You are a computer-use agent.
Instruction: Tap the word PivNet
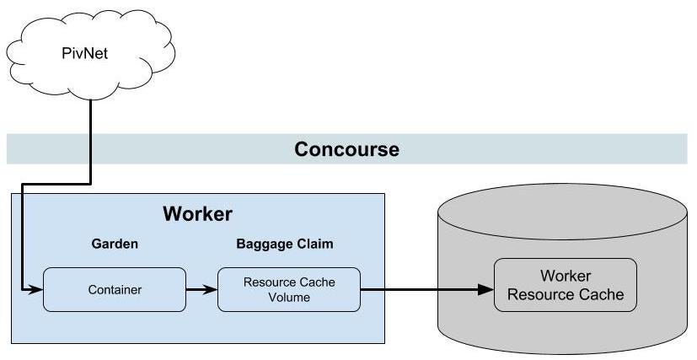(x=85, y=53)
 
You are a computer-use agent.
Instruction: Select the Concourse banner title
(x=346, y=149)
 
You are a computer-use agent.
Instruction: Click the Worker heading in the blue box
(x=197, y=214)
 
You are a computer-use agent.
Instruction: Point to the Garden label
(x=115, y=244)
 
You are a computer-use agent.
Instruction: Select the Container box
(x=115, y=289)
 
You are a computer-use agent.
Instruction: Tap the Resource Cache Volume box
(x=289, y=289)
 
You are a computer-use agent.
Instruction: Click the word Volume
(x=289, y=297)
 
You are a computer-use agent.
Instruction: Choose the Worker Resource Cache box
(x=566, y=285)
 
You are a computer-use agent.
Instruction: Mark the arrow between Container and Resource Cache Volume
(x=201, y=289)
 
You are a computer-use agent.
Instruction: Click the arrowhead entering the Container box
(x=35, y=289)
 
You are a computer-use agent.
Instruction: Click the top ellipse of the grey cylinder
(x=565, y=212)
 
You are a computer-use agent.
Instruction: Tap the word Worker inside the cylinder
(x=566, y=277)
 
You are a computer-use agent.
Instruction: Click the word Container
(x=115, y=289)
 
